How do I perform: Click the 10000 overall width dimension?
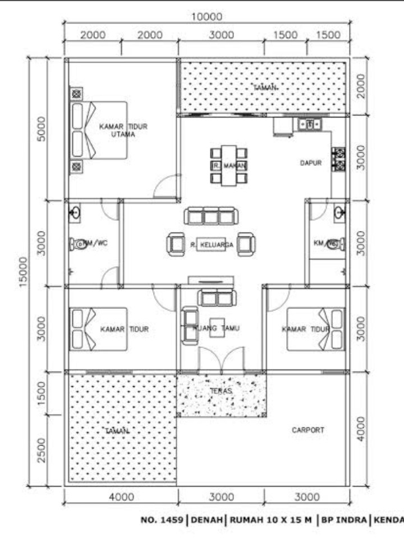(207, 17)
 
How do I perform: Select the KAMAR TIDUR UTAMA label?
(123, 130)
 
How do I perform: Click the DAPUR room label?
(310, 163)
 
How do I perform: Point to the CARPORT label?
(307, 430)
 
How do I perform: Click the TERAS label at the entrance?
(221, 391)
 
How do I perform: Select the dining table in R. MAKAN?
(228, 165)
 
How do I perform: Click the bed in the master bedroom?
(98, 129)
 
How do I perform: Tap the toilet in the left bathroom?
(79, 244)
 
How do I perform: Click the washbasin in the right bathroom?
(339, 212)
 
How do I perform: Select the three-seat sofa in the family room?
(211, 216)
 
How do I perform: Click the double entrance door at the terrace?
(222, 359)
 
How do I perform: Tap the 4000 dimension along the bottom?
(121, 497)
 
